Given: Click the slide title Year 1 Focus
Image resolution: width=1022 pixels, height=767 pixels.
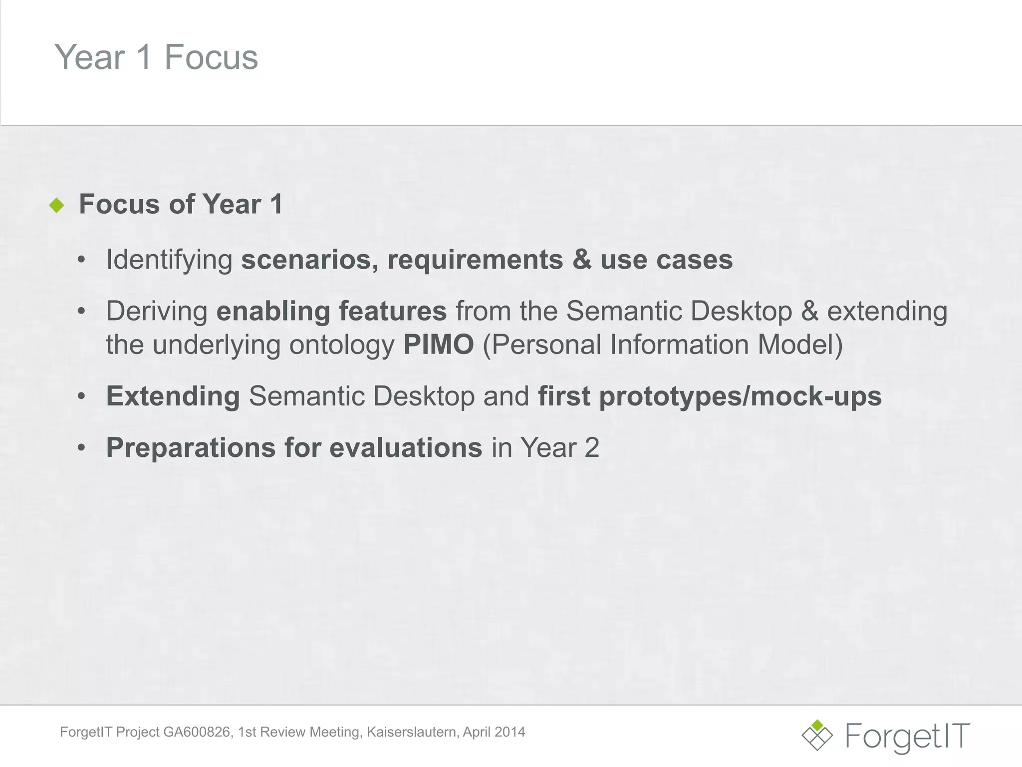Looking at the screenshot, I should [x=156, y=57].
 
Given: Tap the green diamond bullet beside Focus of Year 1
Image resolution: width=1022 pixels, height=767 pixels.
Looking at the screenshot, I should [x=57, y=205].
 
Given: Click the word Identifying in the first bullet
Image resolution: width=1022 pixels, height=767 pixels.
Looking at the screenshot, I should [x=169, y=260].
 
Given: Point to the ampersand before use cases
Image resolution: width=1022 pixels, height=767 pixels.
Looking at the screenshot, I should [x=581, y=260].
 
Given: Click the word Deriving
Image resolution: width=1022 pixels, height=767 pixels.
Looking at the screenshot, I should [x=157, y=311].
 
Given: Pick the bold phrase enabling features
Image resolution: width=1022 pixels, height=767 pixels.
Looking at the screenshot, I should [x=331, y=311].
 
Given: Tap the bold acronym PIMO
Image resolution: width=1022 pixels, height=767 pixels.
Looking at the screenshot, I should [x=438, y=345].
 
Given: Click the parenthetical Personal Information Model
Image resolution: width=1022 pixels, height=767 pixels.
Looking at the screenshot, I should [x=663, y=345].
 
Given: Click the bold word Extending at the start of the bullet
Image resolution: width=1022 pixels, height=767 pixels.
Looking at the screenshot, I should [x=173, y=396].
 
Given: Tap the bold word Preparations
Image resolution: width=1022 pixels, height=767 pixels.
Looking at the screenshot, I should [x=191, y=447].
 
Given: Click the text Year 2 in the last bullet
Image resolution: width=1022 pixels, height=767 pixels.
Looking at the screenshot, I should [x=559, y=447].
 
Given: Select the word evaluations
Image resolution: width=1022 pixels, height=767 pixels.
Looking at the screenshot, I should [x=406, y=447].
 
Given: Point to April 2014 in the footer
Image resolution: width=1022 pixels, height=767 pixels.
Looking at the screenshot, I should [x=494, y=732].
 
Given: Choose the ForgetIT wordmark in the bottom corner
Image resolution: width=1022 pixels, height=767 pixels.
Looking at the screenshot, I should [x=908, y=737].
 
